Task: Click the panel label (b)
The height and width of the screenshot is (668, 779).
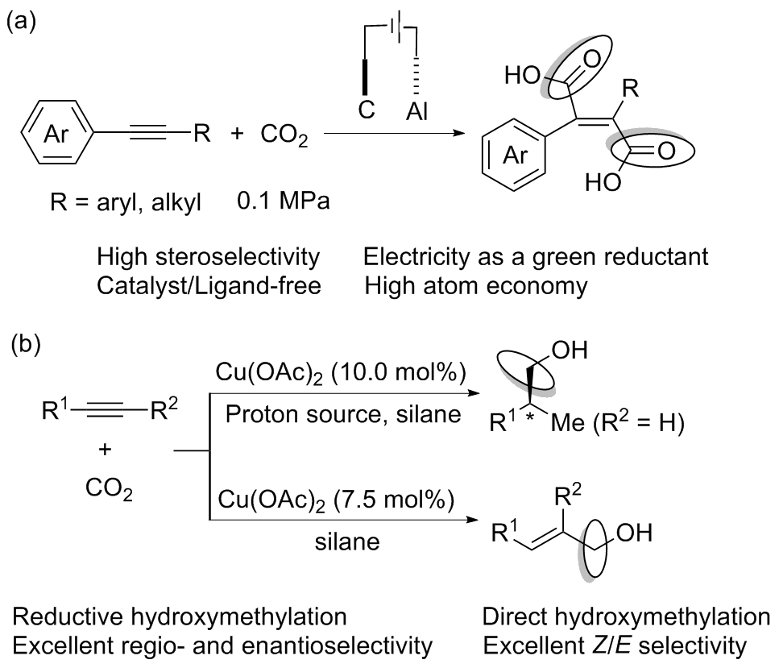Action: coord(26,344)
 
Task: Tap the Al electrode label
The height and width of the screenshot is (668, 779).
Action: coord(416,112)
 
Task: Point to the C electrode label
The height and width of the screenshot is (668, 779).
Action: coord(367,110)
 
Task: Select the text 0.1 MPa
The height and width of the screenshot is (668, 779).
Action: coord(284,201)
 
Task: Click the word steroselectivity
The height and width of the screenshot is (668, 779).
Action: coord(238,257)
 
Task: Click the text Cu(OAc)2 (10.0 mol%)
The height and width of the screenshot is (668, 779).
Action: coord(340,373)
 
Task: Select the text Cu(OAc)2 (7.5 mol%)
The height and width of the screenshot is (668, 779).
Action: coord(336,500)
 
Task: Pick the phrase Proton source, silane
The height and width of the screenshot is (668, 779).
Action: coord(343,414)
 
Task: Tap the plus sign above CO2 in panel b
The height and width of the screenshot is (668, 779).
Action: coord(105,450)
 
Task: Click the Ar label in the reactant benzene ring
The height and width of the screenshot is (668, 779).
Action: coord(56,133)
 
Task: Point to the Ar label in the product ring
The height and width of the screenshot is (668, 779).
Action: coord(516,156)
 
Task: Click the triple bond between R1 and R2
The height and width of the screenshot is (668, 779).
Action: coord(109,410)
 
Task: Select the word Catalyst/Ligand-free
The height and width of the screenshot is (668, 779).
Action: coord(209,286)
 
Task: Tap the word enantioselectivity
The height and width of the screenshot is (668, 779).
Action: coord(342,645)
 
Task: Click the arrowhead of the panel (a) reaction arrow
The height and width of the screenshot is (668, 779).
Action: coord(458,133)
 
